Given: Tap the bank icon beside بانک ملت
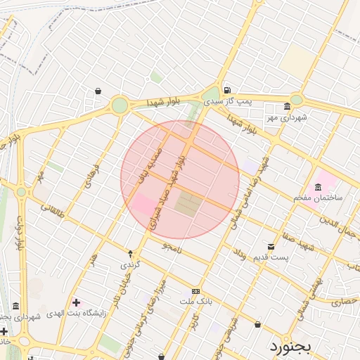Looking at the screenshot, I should click(195, 291).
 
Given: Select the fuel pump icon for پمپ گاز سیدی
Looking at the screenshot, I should click(226, 90).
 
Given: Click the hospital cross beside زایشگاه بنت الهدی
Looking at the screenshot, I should click(76, 302).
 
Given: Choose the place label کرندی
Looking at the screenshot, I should click(131, 265).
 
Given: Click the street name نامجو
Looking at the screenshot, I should click(171, 247).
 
